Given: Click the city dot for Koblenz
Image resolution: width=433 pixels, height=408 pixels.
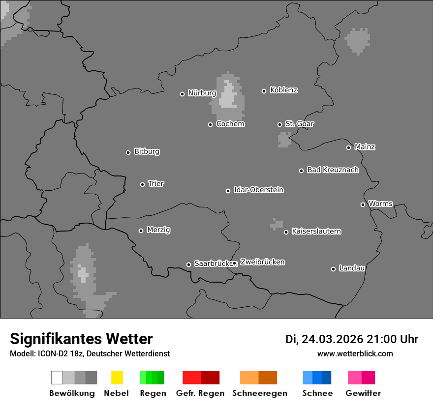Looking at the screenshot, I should click(264, 91).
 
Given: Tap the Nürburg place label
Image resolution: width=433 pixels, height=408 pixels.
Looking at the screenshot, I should click(202, 93).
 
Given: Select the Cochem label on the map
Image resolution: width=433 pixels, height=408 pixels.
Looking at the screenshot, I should click(230, 124).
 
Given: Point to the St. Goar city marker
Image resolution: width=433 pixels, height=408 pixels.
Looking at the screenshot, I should click(279, 124).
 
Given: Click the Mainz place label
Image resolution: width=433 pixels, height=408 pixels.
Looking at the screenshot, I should click(365, 146).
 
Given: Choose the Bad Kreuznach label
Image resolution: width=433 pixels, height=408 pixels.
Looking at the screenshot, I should click(333, 170).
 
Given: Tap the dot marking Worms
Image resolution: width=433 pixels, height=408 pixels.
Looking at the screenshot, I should click(363, 204).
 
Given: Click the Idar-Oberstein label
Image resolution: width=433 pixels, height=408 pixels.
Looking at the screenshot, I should click(259, 190).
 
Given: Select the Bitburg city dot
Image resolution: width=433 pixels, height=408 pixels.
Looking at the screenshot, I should click(128, 152).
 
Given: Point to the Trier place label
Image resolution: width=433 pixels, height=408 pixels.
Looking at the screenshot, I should click(156, 184).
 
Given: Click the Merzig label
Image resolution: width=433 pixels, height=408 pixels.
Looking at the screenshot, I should click(158, 230).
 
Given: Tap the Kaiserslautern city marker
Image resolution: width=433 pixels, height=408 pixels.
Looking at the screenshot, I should click(286, 232).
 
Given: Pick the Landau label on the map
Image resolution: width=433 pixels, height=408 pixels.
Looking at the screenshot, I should click(352, 268).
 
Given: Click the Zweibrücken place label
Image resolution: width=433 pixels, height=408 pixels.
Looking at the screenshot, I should click(262, 262).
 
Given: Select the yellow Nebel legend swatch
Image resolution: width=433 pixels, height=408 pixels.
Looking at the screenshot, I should click(117, 378).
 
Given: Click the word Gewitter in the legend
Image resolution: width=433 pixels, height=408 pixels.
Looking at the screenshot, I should click(363, 393).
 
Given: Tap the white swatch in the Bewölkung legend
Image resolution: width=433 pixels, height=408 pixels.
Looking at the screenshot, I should click(57, 378).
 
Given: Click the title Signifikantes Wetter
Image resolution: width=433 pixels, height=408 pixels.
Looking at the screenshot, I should click(81, 339).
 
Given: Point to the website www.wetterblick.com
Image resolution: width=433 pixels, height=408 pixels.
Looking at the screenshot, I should click(355, 353).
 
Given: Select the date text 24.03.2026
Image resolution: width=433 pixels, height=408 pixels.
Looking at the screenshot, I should click(332, 339).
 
